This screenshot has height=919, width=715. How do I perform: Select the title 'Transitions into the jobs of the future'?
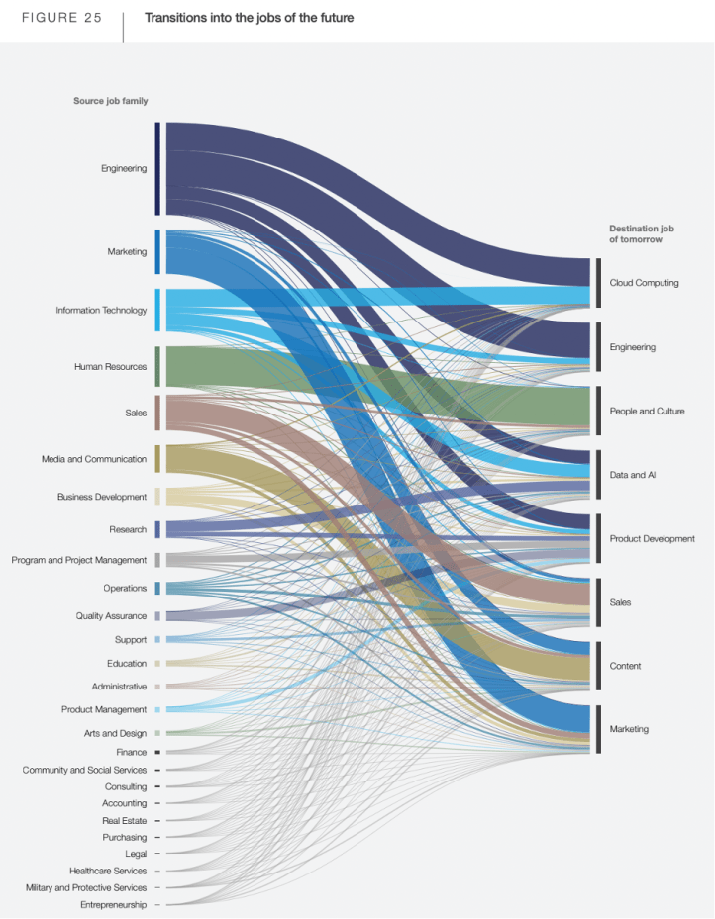click(249, 18)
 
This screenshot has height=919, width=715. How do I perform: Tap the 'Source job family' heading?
click(110, 101)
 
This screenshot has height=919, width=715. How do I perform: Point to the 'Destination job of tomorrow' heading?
click(641, 233)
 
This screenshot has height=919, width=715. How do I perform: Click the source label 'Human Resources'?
click(110, 367)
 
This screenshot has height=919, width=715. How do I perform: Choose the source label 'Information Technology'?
click(101, 311)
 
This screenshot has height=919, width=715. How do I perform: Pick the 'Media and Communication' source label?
click(94, 459)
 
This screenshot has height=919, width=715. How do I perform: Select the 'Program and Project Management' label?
click(79, 560)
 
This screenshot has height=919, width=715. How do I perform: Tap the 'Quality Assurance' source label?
click(111, 616)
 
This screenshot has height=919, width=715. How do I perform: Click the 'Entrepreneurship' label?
click(113, 905)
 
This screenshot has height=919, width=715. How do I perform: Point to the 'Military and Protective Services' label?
click(86, 888)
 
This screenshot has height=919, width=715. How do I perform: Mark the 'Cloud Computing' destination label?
click(644, 283)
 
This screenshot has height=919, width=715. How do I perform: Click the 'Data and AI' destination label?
click(634, 476)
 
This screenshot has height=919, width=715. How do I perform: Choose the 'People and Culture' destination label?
click(647, 412)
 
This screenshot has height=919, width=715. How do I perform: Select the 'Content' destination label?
click(625, 667)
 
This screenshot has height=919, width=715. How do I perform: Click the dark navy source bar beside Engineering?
click(156, 168)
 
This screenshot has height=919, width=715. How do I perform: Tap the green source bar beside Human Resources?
click(156, 367)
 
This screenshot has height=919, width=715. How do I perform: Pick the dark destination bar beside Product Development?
click(598, 539)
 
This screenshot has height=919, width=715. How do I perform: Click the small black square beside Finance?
click(156, 753)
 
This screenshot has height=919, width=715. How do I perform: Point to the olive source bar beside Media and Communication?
click(156, 459)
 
